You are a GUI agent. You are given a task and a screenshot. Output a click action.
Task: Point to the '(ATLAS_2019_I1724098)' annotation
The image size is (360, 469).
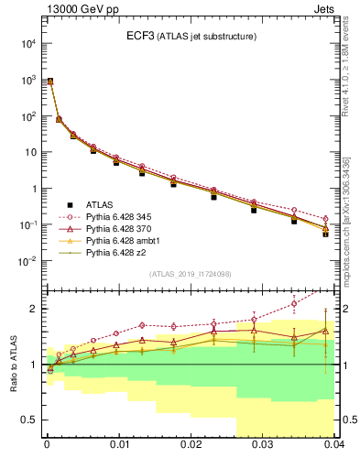coord(189,274)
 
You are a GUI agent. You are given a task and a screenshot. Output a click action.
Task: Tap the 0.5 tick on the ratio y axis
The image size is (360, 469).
coord(30,420)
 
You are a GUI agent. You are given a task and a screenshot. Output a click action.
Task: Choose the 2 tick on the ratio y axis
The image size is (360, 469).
coord(34,309)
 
